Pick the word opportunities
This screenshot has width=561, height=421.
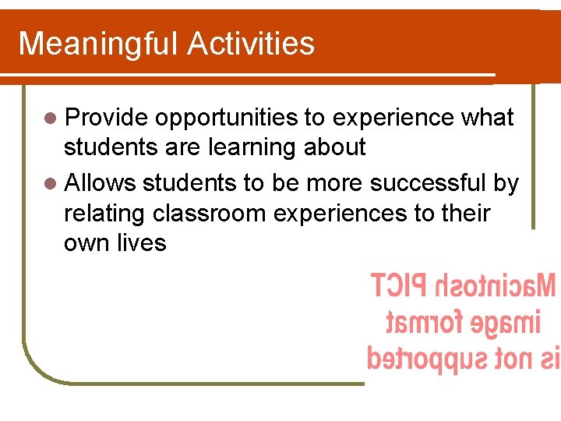point(226,119)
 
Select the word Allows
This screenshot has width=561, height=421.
point(101,183)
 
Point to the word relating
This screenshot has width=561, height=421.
point(104,214)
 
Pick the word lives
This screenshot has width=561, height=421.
point(142,242)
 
